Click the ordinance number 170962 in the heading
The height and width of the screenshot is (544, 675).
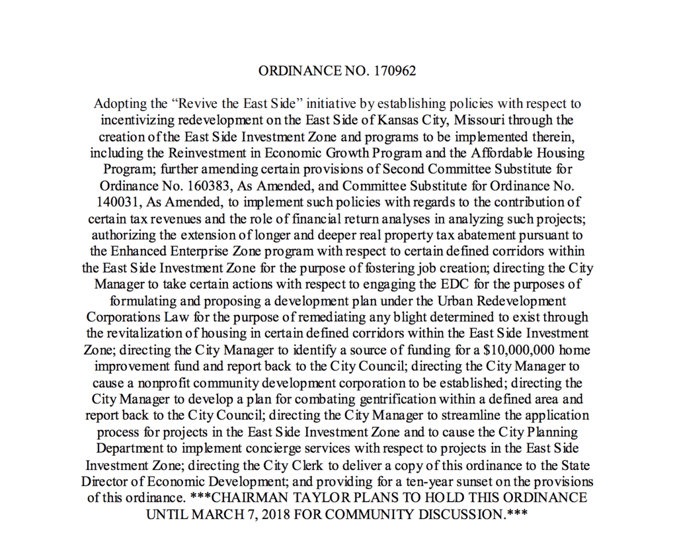(395, 71)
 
